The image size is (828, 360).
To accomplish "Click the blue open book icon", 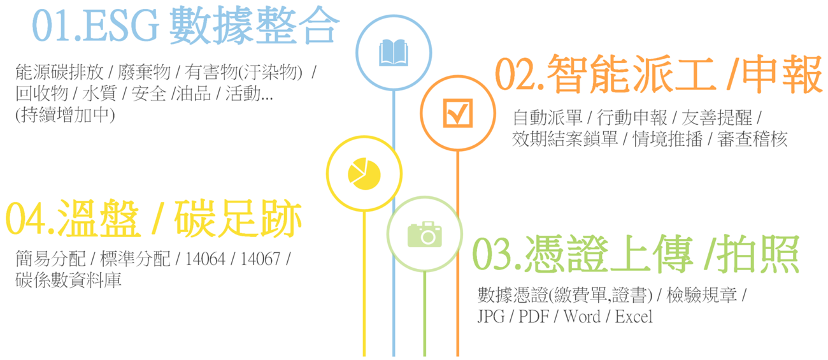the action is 394,52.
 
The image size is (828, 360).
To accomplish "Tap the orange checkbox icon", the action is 457,113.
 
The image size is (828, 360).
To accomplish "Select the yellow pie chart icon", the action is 364,174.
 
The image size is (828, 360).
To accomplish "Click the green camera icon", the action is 424,234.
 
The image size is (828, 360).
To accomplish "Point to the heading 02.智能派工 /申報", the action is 659,74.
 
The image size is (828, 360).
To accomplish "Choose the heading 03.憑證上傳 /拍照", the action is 636,254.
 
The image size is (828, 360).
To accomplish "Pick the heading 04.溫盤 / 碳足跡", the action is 153,219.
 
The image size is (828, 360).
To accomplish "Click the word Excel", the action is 634,317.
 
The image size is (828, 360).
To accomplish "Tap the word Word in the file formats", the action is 582,317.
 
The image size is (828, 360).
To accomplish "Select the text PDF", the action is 533,317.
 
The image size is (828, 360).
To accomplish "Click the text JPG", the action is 491,317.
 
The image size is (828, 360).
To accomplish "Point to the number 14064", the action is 205,259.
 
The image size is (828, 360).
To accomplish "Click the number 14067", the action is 261,259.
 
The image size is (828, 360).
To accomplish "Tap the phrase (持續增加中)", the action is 65,115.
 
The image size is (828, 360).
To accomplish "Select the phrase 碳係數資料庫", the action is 68,280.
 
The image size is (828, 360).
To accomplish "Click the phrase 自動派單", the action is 548,117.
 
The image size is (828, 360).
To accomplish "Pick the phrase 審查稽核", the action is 752,140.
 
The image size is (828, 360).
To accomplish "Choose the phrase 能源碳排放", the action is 59,72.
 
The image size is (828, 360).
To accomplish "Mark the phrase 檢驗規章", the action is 701,295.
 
